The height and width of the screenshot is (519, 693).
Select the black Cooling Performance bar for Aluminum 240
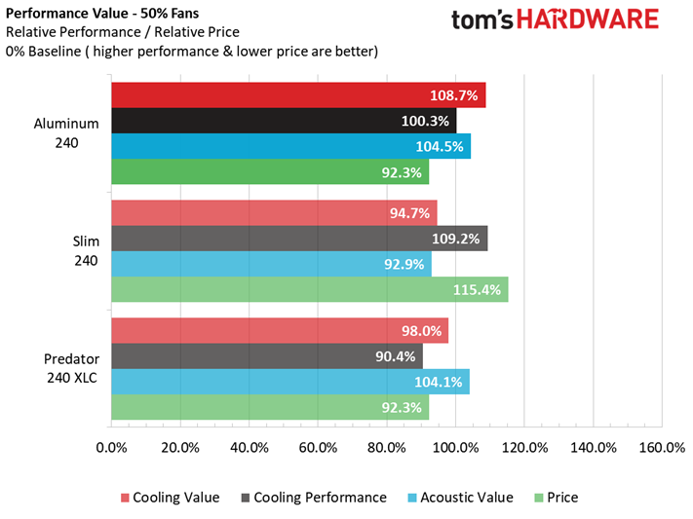tap(283, 121)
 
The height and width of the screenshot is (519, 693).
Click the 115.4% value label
tap(478, 289)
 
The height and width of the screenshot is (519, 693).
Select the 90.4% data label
tap(395, 356)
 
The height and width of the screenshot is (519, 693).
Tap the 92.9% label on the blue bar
tap(403, 264)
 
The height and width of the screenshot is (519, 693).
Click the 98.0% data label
tap(420, 331)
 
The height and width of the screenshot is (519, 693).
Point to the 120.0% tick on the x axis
tap(524, 448)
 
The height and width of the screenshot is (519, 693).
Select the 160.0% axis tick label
tap(662, 448)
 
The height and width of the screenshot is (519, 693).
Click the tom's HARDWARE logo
tap(556, 19)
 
